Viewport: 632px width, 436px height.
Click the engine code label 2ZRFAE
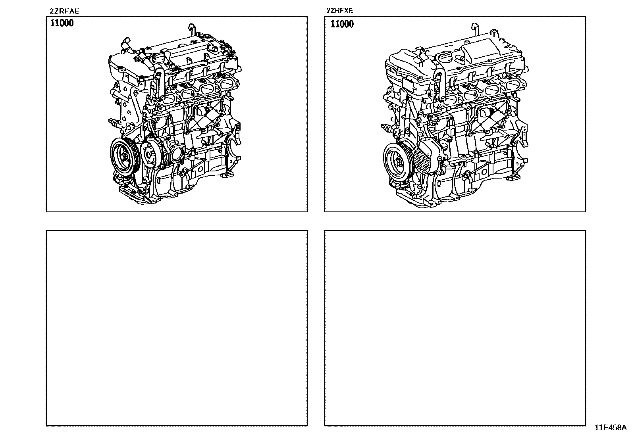pyautogui.click(x=64, y=11)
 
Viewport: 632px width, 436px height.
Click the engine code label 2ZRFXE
pyautogui.click(x=340, y=11)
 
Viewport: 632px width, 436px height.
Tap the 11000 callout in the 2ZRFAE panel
pyautogui.click(x=62, y=23)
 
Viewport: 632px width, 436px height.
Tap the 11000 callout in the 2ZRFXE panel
pyautogui.click(x=342, y=24)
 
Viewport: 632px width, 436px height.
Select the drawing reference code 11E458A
pyautogui.click(x=610, y=428)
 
